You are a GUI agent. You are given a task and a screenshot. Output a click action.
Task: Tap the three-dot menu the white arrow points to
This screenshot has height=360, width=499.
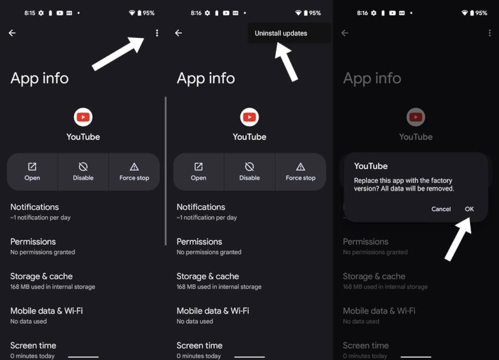(x=157, y=33)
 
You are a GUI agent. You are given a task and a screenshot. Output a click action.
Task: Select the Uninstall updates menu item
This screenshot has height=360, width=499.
(x=281, y=34)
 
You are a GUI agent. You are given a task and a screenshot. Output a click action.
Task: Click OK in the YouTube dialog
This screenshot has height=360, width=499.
(x=469, y=209)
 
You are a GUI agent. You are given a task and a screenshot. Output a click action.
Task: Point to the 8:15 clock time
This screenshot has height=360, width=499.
(x=30, y=13)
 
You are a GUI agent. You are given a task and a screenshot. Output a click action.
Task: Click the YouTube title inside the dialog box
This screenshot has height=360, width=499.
(x=371, y=166)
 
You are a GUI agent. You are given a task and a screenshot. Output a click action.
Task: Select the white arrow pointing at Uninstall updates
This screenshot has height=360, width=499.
(x=286, y=62)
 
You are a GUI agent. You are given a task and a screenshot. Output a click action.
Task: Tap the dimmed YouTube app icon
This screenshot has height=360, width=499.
(x=416, y=117)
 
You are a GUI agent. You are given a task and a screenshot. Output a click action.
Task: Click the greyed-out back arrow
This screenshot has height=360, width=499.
(x=345, y=33)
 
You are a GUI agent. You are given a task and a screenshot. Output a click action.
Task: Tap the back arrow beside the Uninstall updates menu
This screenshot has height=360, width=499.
(x=178, y=33)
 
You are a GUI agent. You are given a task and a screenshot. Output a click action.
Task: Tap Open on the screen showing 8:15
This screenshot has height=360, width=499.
(x=32, y=172)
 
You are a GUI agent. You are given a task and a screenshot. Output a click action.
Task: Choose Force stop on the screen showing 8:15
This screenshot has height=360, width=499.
(x=134, y=172)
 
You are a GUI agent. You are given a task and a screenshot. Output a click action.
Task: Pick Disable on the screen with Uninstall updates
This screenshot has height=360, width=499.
(x=249, y=172)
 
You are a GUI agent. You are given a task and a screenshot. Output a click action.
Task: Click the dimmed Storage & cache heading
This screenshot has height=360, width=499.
(x=374, y=276)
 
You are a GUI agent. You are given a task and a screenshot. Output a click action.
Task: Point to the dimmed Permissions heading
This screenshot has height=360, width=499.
(x=365, y=242)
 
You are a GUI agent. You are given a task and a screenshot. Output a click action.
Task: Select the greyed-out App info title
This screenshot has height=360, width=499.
(x=372, y=78)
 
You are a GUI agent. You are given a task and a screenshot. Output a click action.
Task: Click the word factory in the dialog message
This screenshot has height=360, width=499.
(x=441, y=180)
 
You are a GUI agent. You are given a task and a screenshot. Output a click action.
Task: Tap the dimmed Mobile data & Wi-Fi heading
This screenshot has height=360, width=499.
(x=379, y=311)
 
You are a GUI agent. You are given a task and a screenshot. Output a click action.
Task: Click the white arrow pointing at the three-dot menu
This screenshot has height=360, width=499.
(x=118, y=54)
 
